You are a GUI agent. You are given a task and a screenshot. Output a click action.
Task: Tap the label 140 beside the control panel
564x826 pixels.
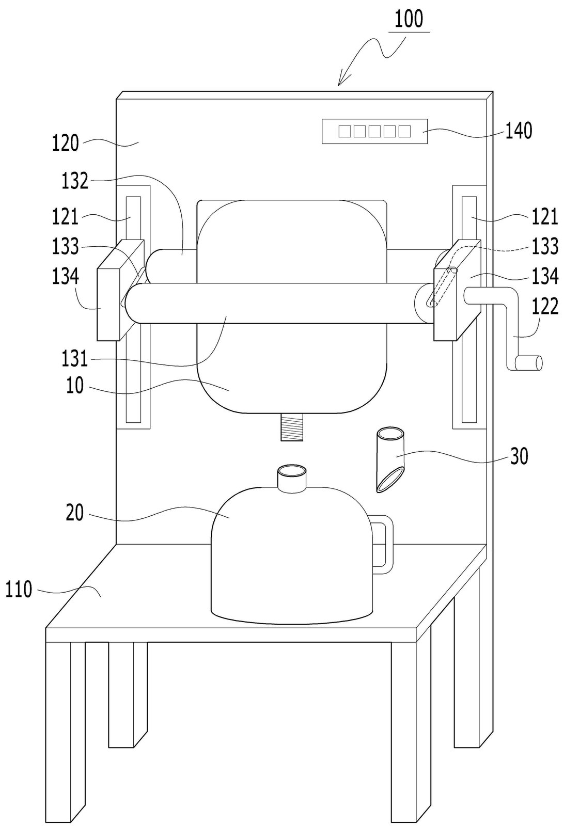point(518,131)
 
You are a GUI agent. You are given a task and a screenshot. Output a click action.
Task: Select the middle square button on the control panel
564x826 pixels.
point(374,131)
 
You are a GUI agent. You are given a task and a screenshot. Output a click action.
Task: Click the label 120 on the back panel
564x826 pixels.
point(65,144)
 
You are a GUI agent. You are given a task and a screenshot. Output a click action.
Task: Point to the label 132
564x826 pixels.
point(75,181)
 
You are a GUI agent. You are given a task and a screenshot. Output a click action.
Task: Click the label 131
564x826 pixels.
point(75,359)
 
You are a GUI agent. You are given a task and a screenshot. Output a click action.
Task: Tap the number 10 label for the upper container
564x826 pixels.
point(75,386)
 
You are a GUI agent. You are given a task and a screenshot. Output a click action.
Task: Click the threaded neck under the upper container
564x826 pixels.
point(292,426)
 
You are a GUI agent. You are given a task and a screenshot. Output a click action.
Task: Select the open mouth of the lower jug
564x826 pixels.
point(292,471)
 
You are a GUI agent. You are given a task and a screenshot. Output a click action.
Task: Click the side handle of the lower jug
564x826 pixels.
point(384,544)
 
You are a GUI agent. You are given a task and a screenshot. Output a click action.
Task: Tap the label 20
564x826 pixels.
point(75,513)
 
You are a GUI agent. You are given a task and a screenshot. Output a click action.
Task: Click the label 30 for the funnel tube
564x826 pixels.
point(519,456)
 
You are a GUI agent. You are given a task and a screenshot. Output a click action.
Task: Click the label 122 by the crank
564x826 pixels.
point(545,306)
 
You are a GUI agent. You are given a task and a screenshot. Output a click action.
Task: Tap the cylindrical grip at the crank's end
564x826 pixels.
point(529,363)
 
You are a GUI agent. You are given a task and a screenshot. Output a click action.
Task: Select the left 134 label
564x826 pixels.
point(65,276)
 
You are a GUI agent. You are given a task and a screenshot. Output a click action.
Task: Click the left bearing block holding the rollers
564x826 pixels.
point(120,290)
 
